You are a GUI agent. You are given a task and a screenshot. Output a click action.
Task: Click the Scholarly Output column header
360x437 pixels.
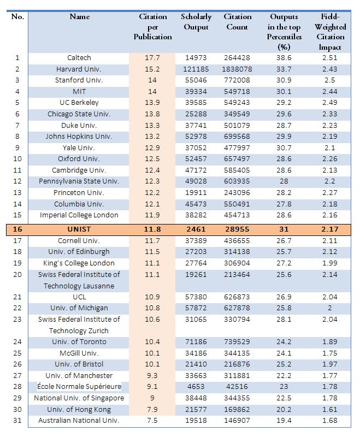[x=196, y=22]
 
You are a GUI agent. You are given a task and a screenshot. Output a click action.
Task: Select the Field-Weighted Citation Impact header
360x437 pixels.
[x=330, y=32]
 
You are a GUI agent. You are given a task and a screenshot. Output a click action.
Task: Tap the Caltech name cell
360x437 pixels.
[x=79, y=58]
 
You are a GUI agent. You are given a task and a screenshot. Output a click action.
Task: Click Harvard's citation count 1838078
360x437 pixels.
[x=237, y=69]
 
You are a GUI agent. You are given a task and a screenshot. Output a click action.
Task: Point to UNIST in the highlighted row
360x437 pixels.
[x=79, y=229]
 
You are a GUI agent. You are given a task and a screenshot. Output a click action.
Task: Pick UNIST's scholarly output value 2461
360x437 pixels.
[x=196, y=229]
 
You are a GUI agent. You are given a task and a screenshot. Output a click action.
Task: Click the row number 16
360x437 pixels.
[x=17, y=229]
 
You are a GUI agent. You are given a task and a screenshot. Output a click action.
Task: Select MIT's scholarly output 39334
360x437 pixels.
[x=196, y=91]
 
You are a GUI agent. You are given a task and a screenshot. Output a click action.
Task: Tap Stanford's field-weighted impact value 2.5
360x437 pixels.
[x=330, y=80]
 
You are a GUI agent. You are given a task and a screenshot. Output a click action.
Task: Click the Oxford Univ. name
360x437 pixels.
[x=79, y=159]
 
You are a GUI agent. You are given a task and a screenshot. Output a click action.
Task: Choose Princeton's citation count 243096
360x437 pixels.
[x=237, y=193]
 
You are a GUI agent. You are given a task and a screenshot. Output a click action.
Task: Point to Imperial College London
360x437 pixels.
[x=79, y=215]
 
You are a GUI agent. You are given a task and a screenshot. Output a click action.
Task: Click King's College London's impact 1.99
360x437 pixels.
[x=330, y=263]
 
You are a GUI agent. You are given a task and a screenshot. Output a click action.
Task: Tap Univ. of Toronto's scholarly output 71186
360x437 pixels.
[x=196, y=342]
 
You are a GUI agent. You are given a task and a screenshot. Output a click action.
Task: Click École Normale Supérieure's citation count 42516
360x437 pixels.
[x=237, y=387]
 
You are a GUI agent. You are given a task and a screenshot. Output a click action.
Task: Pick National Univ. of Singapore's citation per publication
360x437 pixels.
[x=152, y=398]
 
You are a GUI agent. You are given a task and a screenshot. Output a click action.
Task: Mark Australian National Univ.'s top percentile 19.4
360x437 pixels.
[x=284, y=420]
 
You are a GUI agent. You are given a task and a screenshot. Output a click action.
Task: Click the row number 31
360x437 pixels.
[x=17, y=420]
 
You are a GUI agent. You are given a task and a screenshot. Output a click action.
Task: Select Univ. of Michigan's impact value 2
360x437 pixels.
[x=330, y=308]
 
